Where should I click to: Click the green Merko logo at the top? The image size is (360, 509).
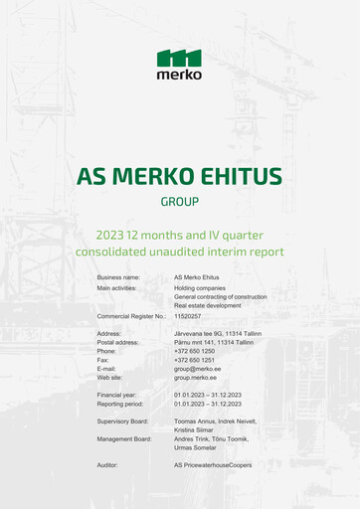[179, 64]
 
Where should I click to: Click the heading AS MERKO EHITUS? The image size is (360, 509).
[179, 177]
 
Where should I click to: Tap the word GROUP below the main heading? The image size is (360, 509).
[179, 201]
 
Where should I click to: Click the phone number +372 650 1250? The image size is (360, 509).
[194, 351]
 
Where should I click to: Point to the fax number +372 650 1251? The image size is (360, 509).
[194, 360]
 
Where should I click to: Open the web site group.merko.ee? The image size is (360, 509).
[196, 378]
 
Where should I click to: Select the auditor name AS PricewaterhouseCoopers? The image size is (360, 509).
[213, 465]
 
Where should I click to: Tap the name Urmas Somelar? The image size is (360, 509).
[197, 447]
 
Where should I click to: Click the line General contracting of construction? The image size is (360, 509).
[220, 296]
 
